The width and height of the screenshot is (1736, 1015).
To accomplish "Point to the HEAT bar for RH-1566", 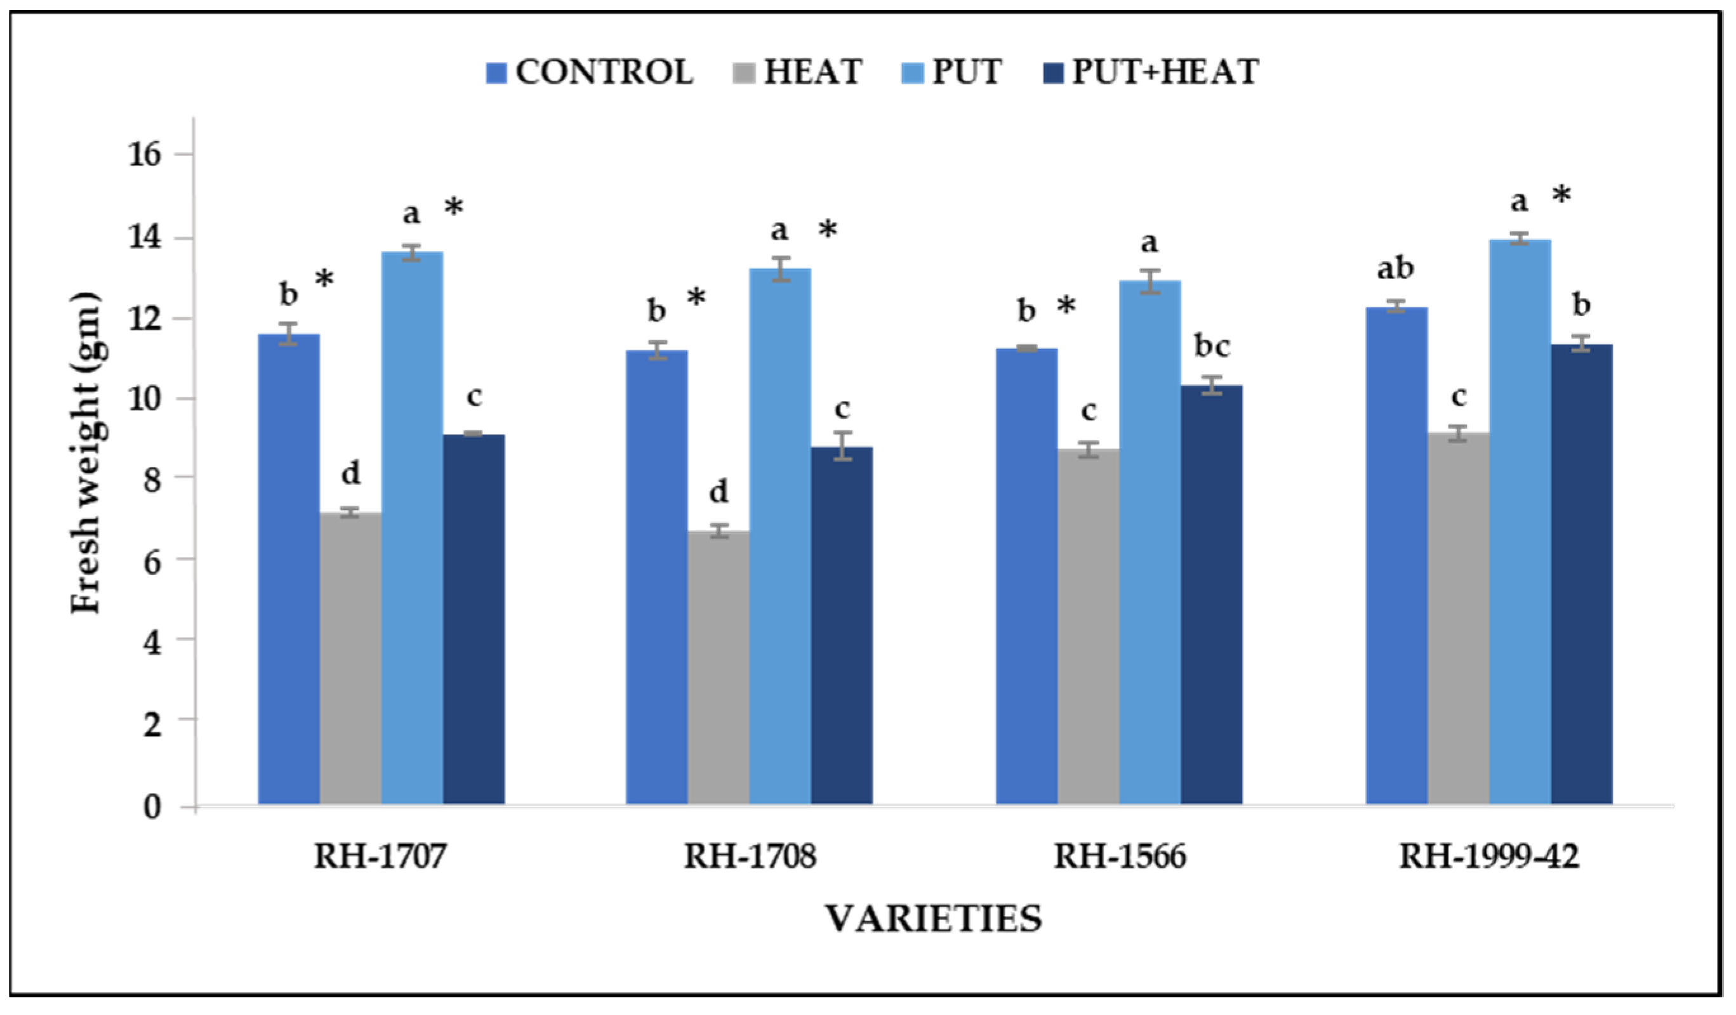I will tap(1089, 626).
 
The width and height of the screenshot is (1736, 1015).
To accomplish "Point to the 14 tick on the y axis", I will tap(145, 237).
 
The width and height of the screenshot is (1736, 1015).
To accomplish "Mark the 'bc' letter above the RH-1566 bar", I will tap(1212, 346).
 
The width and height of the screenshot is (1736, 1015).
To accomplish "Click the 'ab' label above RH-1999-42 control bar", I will tap(1396, 268).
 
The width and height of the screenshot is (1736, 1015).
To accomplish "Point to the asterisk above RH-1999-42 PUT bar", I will tap(1561, 195).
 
